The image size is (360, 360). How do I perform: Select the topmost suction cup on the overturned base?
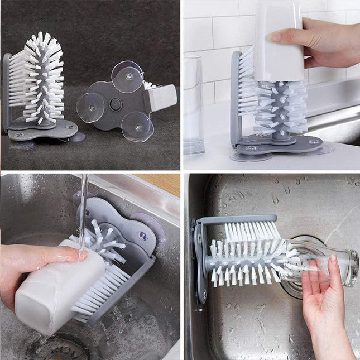pyautogui.click(x=127, y=76)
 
